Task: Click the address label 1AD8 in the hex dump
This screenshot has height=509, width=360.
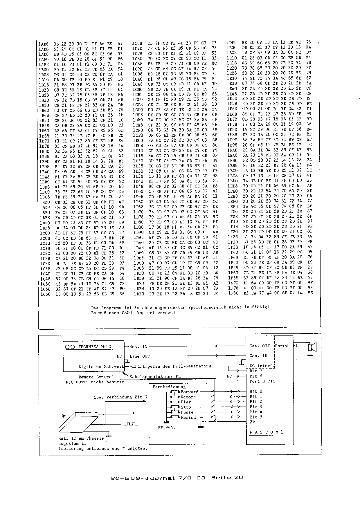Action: point(43,44)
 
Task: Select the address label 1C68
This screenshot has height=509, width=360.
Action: point(137,43)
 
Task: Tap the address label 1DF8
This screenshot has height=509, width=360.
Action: point(231,42)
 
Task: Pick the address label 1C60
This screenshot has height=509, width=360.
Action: point(45,294)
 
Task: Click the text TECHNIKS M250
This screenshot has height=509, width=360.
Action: point(94,347)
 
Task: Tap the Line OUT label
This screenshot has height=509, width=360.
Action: point(140,356)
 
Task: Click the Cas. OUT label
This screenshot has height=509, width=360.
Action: point(259,346)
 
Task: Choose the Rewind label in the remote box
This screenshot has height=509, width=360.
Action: point(188,417)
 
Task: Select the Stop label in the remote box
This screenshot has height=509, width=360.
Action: point(186,407)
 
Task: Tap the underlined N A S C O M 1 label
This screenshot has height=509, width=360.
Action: point(266,432)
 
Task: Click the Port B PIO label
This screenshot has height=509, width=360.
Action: point(262,381)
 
